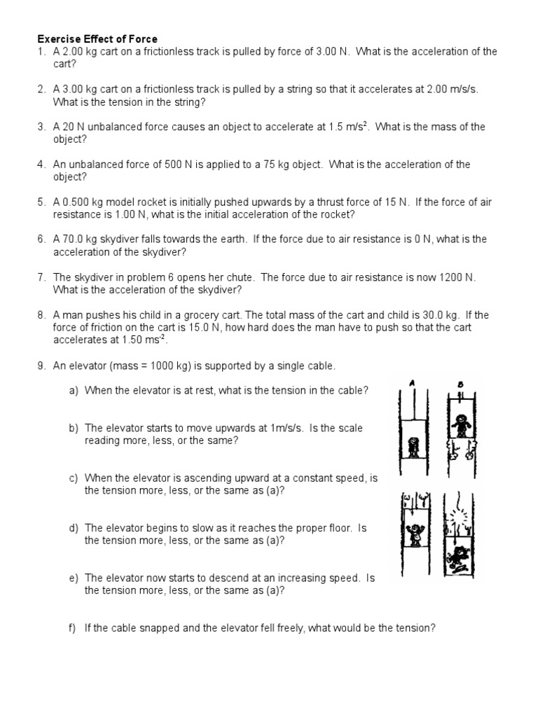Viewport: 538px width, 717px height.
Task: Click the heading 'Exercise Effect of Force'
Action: point(97,39)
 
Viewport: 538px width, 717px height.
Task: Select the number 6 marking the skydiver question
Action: point(41,239)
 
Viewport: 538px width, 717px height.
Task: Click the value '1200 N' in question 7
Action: point(456,277)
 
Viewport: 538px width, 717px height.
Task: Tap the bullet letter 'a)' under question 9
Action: point(74,390)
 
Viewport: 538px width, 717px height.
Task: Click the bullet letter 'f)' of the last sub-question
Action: point(74,628)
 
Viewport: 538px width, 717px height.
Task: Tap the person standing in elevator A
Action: point(413,446)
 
